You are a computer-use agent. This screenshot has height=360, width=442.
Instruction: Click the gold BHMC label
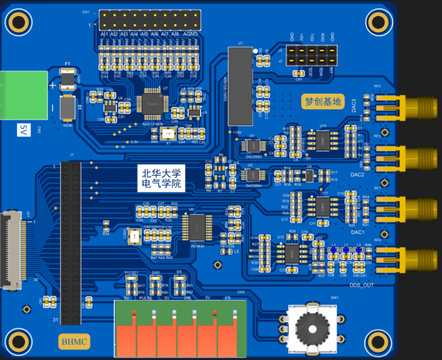pos(74,342)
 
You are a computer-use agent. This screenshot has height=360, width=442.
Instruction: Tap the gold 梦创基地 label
pos(323,101)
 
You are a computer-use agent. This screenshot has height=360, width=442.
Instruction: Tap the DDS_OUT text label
pos(365,285)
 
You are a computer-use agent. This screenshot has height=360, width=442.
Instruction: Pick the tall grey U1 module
pos(239,86)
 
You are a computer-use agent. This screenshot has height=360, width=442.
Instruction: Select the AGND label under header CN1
pos(190,34)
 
